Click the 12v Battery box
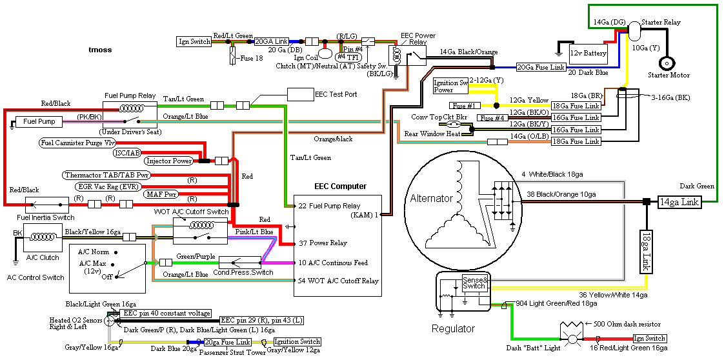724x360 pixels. pos(588,53)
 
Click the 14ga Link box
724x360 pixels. pos(678,202)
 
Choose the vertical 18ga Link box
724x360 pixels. pos(647,252)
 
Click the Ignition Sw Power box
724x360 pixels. pos(450,86)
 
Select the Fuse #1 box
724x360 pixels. pos(464,106)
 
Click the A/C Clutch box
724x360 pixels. pos(43,243)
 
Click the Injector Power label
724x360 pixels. pos(169,161)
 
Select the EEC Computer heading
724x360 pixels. pos(340,186)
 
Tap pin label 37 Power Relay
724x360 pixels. pos(323,243)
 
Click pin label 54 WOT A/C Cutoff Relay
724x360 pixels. pos(338,281)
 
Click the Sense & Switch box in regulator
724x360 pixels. pos(476,282)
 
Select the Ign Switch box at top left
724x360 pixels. pos(194,42)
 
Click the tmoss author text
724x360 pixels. pos(100,49)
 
